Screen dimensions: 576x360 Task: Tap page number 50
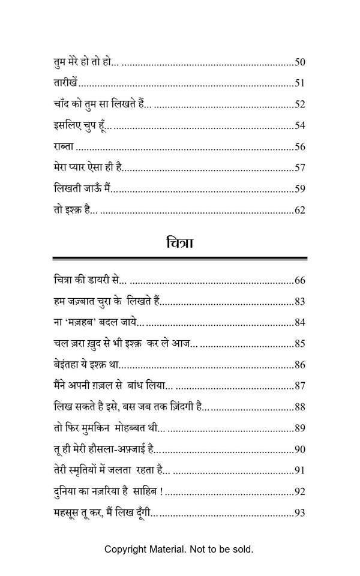click(301, 62)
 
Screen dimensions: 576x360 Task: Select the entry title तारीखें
click(64, 83)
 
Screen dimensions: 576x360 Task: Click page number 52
click(301, 104)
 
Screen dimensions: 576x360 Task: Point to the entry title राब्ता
click(63, 147)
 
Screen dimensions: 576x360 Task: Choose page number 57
click(301, 168)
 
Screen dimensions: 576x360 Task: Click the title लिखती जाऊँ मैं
click(82, 189)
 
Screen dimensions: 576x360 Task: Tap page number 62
click(301, 211)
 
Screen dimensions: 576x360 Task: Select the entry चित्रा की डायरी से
click(86, 280)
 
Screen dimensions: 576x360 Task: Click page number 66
click(301, 280)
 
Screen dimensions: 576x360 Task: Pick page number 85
click(301, 344)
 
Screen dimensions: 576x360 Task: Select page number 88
click(301, 407)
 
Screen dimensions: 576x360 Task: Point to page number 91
click(301, 470)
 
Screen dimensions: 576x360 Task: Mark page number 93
click(301, 513)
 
